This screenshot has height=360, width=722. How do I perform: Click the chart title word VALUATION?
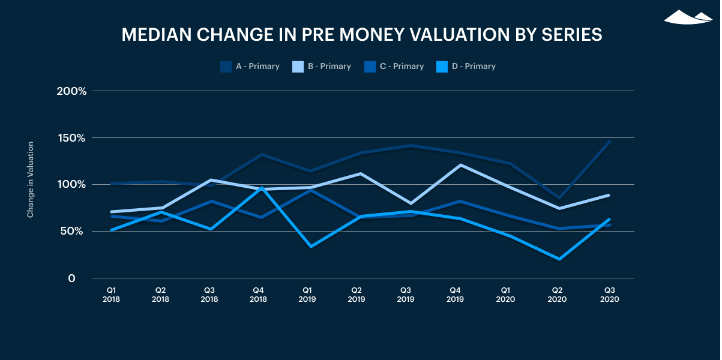pos(448,35)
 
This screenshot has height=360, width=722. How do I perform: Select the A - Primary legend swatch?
pos(226,67)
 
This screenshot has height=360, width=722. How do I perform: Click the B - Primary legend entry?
pos(322,67)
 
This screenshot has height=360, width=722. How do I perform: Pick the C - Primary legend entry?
pos(394,67)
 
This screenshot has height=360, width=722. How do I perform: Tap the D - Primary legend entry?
pos(466,67)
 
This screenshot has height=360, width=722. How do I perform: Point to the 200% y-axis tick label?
pos(71,91)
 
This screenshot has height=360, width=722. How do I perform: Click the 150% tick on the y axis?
pos(71,138)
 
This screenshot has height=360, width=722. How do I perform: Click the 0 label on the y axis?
pos(71,278)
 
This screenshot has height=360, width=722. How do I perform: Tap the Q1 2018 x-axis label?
pos(111,293)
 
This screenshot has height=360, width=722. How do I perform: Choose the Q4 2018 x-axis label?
pos(259,293)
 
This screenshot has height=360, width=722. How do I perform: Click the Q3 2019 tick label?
pos(406,293)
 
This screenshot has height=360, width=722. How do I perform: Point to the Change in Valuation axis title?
pos(30,179)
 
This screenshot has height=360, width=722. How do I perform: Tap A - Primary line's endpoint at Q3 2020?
pos(610,142)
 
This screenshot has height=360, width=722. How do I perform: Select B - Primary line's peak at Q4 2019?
pos(460,164)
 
